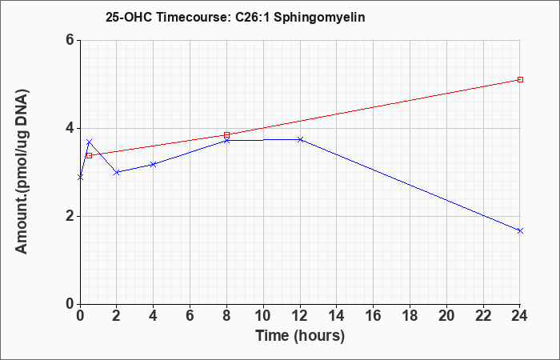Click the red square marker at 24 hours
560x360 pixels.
[x=520, y=79]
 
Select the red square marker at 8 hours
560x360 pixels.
[x=226, y=134]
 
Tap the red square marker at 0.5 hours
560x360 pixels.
[x=90, y=155]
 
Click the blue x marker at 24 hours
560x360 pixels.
[x=520, y=230]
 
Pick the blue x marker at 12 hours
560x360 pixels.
[x=300, y=139]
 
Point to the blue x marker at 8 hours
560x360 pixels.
[x=226, y=140]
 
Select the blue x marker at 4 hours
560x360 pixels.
[x=154, y=164]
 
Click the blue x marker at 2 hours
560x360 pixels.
[x=117, y=172]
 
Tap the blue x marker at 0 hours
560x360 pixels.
[x=80, y=177]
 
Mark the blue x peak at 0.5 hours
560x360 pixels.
[x=90, y=142]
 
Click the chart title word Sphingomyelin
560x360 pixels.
[x=319, y=18]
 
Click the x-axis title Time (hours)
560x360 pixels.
[x=300, y=336]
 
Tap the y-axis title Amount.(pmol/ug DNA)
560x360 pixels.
[x=22, y=171]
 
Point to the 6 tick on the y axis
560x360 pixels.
[x=70, y=40]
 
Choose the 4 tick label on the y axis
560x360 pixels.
[x=70, y=128]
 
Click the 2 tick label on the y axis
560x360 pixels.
[x=70, y=216]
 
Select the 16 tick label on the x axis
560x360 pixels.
[x=374, y=316]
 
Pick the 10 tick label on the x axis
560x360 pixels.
[x=263, y=316]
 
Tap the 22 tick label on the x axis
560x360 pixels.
[x=483, y=316]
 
